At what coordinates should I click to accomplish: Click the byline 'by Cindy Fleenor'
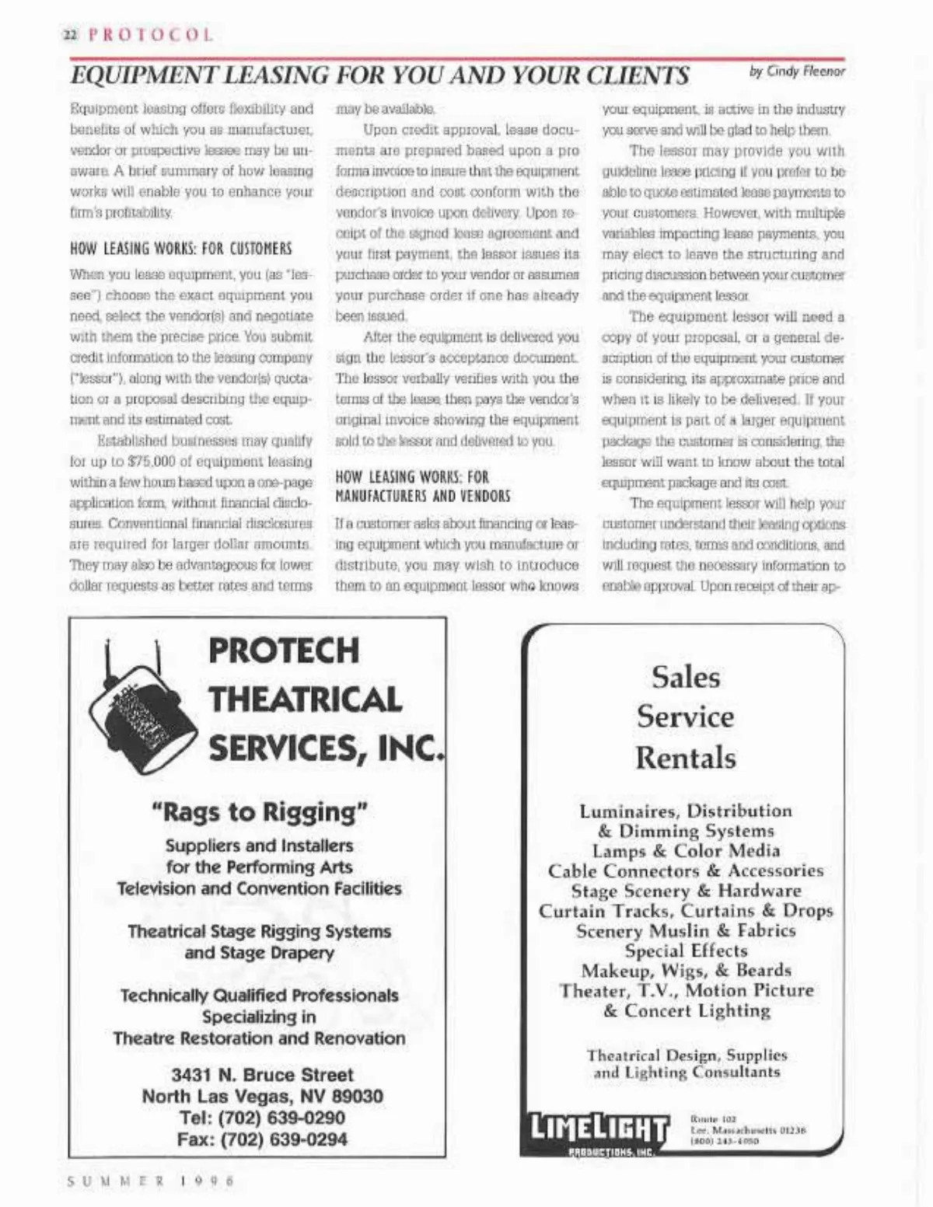tap(796, 72)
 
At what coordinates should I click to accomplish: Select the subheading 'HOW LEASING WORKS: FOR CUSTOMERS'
tap(181, 249)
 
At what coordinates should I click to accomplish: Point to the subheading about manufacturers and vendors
tap(412, 487)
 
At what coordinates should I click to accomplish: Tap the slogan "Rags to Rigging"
tap(259, 811)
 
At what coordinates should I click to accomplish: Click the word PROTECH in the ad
tap(284, 651)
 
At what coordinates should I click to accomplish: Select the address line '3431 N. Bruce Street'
tap(262, 1075)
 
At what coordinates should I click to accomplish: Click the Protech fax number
tap(262, 1139)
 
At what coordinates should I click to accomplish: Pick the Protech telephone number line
tap(262, 1118)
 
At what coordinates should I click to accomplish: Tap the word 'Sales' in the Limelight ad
tap(686, 677)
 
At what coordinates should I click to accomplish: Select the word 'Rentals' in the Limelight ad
tap(686, 757)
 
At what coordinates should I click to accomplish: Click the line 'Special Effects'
tap(686, 951)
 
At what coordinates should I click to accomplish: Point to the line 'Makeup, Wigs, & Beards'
tap(686, 971)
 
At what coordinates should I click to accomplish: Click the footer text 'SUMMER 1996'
tap(151, 1180)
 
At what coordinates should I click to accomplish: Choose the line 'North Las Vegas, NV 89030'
tap(262, 1097)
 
